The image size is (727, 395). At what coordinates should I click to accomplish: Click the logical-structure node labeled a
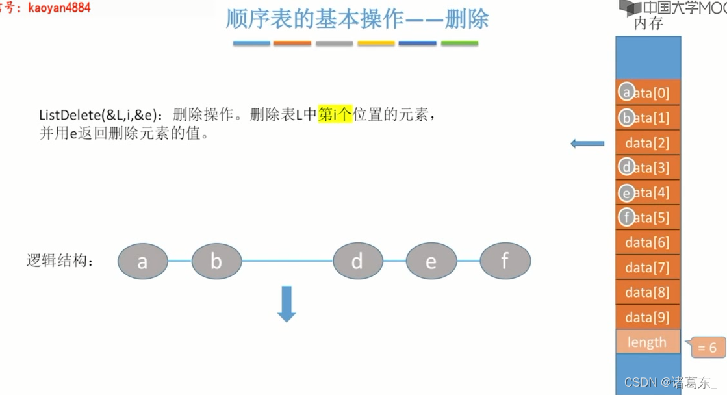pyautogui.click(x=142, y=261)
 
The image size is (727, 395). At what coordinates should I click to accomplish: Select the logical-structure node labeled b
pyautogui.click(x=216, y=261)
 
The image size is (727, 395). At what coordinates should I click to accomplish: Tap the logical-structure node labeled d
pyautogui.click(x=357, y=261)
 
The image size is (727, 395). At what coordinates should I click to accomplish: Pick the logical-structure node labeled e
pyautogui.click(x=431, y=261)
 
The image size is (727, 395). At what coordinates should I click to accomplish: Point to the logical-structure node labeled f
pyautogui.click(x=505, y=261)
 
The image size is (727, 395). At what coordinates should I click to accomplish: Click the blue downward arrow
pyautogui.click(x=287, y=304)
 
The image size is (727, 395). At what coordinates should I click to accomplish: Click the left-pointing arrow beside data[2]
pyautogui.click(x=587, y=144)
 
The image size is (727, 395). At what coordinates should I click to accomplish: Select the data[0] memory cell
pyautogui.click(x=648, y=93)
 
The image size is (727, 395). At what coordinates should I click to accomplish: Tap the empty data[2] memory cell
pyautogui.click(x=648, y=143)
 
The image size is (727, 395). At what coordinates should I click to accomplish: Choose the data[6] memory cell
pyautogui.click(x=648, y=242)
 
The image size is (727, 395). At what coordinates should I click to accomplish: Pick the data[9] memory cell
pyautogui.click(x=648, y=317)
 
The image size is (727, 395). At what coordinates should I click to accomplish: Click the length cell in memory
pyautogui.click(x=647, y=342)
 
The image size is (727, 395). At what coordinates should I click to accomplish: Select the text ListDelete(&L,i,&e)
pyautogui.click(x=98, y=116)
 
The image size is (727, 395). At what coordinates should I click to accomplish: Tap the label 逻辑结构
pyautogui.click(x=60, y=261)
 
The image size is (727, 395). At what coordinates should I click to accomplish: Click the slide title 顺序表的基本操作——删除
pyautogui.click(x=357, y=19)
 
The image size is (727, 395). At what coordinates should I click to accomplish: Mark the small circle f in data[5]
pyautogui.click(x=626, y=217)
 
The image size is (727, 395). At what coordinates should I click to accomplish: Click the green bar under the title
pyautogui.click(x=459, y=44)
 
